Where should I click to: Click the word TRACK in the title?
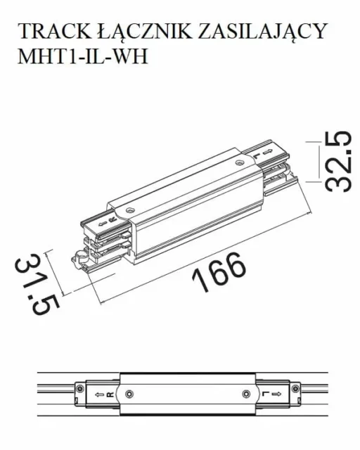point(50,32)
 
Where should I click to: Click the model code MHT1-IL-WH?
point(82,56)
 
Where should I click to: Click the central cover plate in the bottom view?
point(188,394)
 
